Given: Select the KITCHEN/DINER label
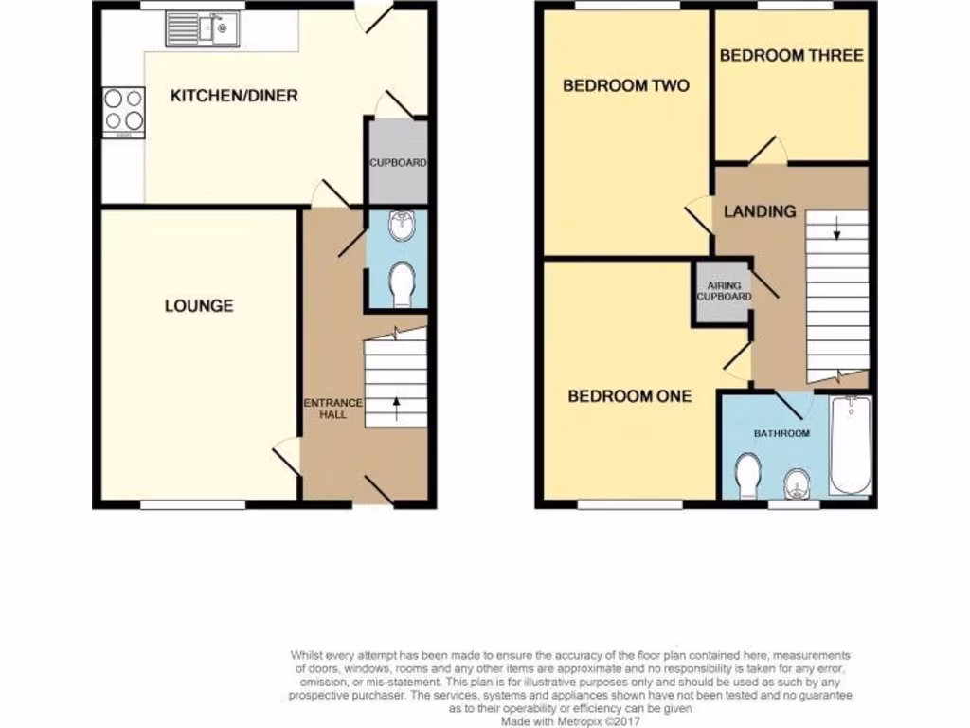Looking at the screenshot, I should (234, 96).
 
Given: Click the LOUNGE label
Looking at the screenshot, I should (199, 305).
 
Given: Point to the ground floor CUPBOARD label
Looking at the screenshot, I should (398, 163).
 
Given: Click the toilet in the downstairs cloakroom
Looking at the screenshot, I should (402, 283).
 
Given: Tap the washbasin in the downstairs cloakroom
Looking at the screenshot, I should (402, 227).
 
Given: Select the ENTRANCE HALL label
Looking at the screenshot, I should (332, 409).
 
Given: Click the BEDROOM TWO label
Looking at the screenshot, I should (626, 86).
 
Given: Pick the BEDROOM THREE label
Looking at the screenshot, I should (791, 56).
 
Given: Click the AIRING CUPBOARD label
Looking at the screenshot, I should (724, 291).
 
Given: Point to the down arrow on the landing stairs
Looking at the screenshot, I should (837, 228).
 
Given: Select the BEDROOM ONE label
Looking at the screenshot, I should (629, 396).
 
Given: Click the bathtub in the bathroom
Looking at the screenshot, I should (851, 446).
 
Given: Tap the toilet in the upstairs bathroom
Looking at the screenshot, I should (749, 475).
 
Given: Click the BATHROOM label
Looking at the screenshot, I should (781, 433).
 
